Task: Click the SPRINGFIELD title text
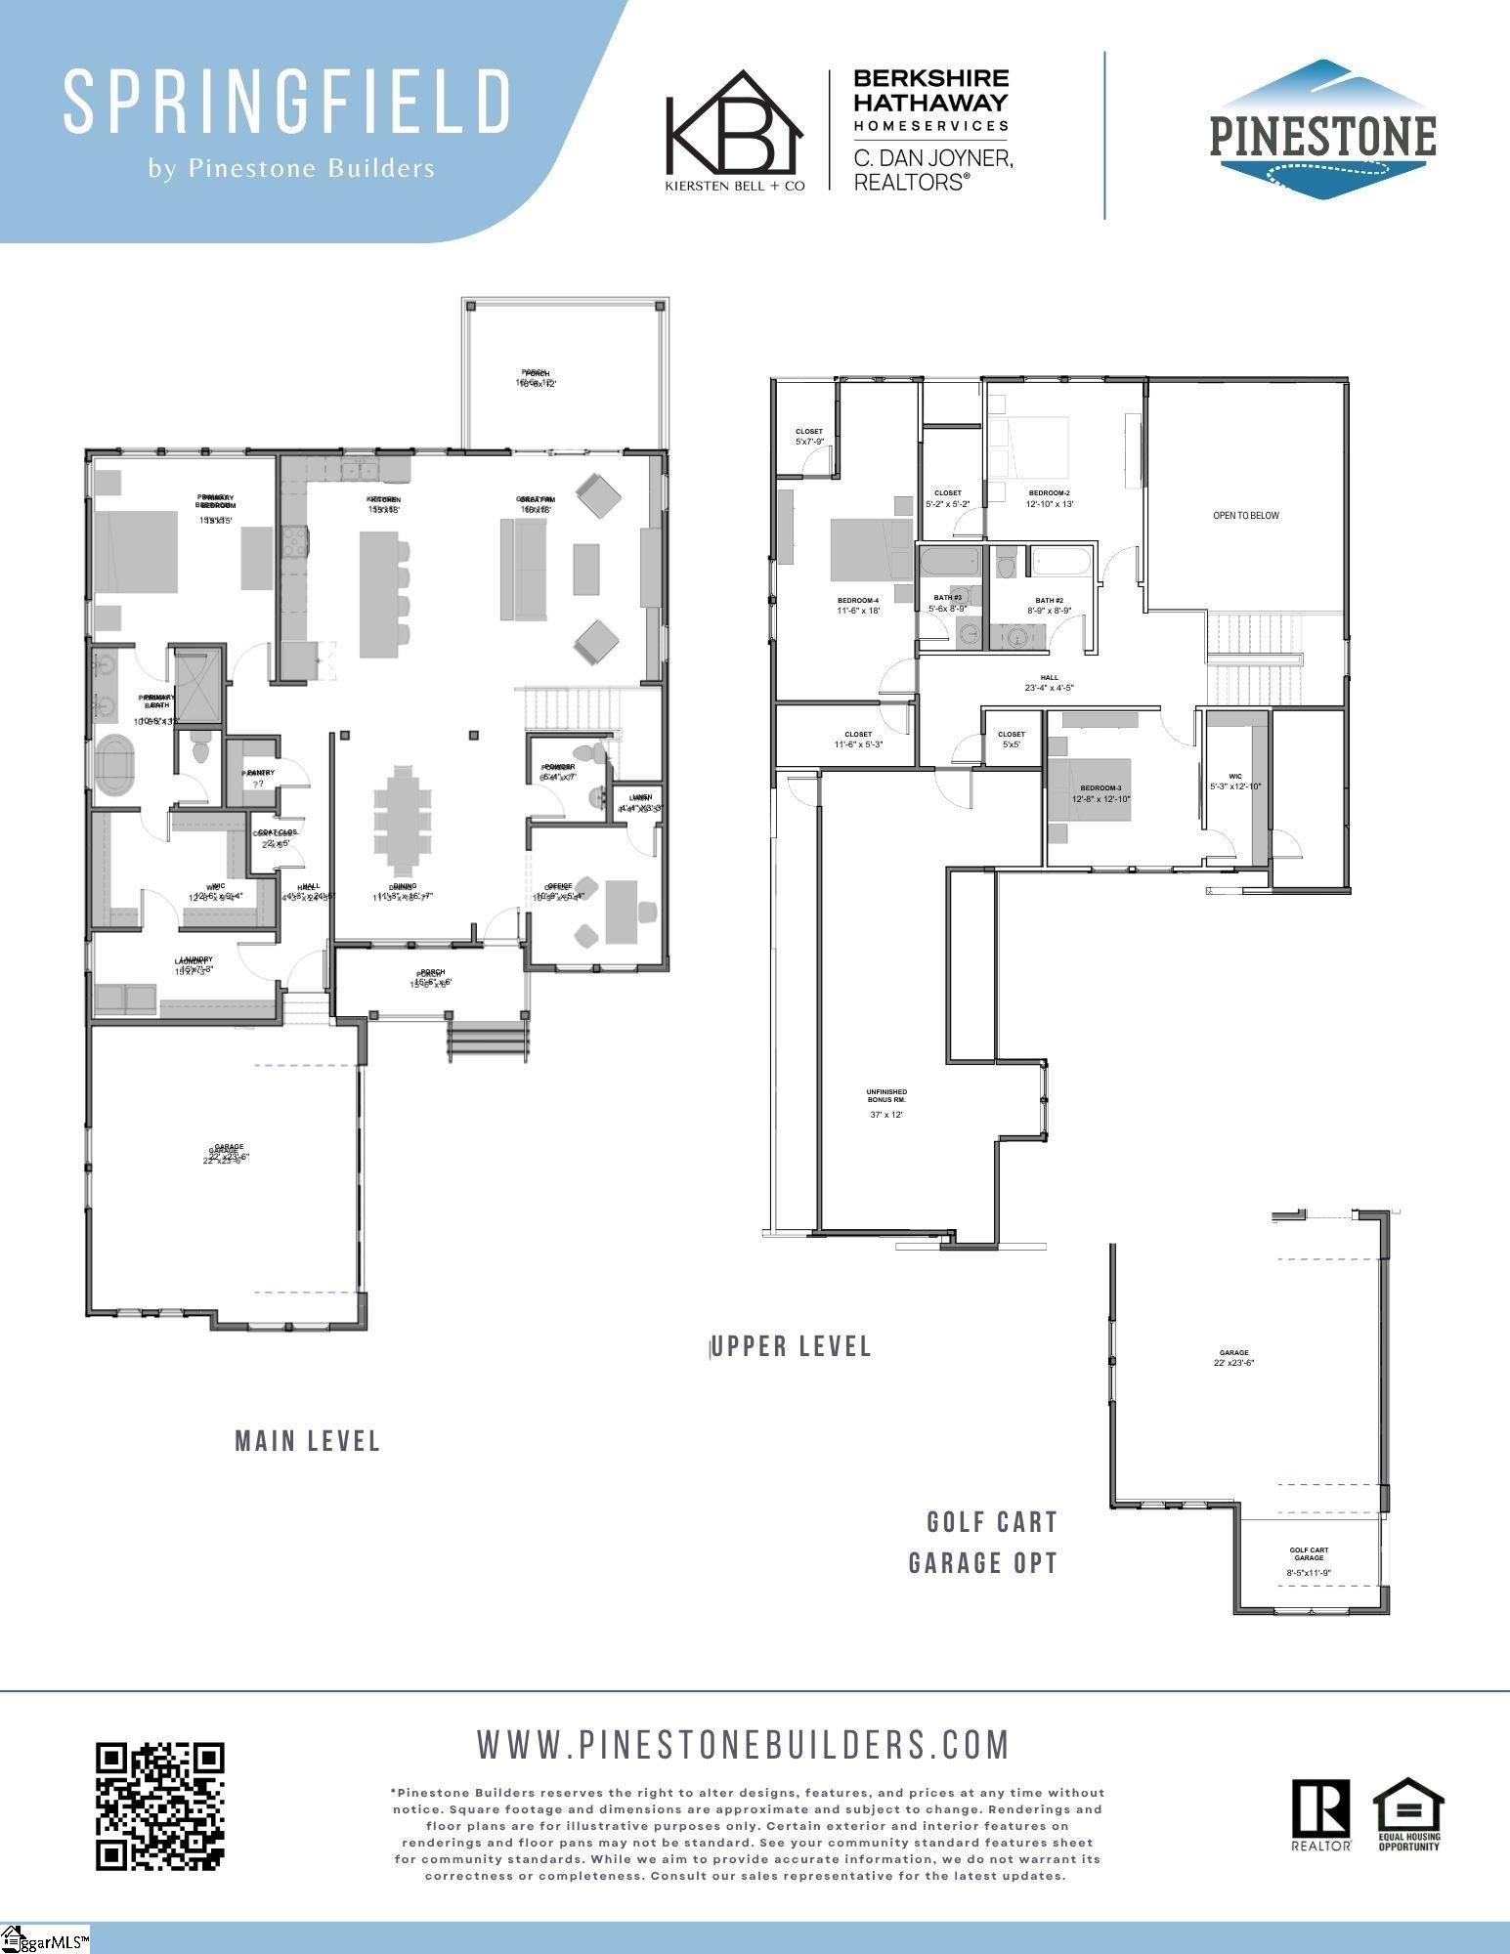point(287,102)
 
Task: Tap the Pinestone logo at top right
point(1322,131)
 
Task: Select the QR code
point(160,1805)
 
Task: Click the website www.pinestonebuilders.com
point(743,1744)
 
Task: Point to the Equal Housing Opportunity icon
point(1408,1812)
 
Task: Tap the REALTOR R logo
point(1321,1812)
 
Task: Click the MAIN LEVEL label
point(308,1441)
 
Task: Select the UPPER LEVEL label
point(792,1346)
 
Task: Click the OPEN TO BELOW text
point(1245,515)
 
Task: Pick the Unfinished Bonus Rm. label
point(886,1096)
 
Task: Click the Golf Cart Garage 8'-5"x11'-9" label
point(1309,1561)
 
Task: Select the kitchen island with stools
point(379,593)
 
